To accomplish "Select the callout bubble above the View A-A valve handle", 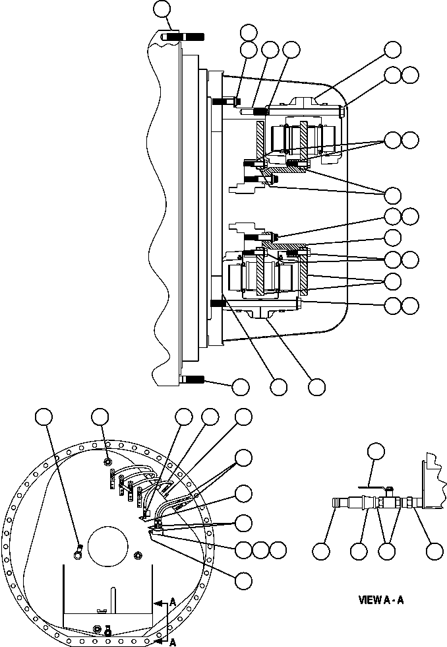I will (376, 452).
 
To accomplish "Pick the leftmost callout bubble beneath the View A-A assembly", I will (321, 551).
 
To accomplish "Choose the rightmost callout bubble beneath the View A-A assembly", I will (434, 551).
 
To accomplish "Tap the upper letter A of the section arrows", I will (172, 602).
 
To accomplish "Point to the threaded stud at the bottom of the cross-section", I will (191, 380).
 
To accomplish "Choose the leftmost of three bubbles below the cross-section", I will (241, 386).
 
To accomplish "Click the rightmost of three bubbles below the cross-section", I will (317, 386).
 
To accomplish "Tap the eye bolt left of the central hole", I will (77, 549).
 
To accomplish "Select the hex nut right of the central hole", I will (137, 553).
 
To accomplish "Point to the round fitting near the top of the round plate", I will (108, 462).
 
